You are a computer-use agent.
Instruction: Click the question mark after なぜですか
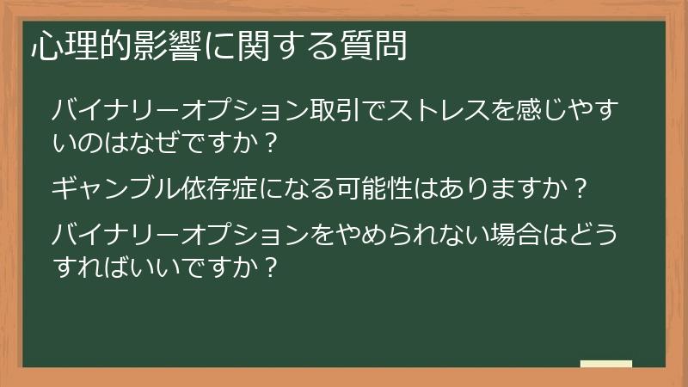pos(271,142)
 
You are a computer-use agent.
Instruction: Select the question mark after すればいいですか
pos(271,266)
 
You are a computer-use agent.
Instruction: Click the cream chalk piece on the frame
pos(605,364)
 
